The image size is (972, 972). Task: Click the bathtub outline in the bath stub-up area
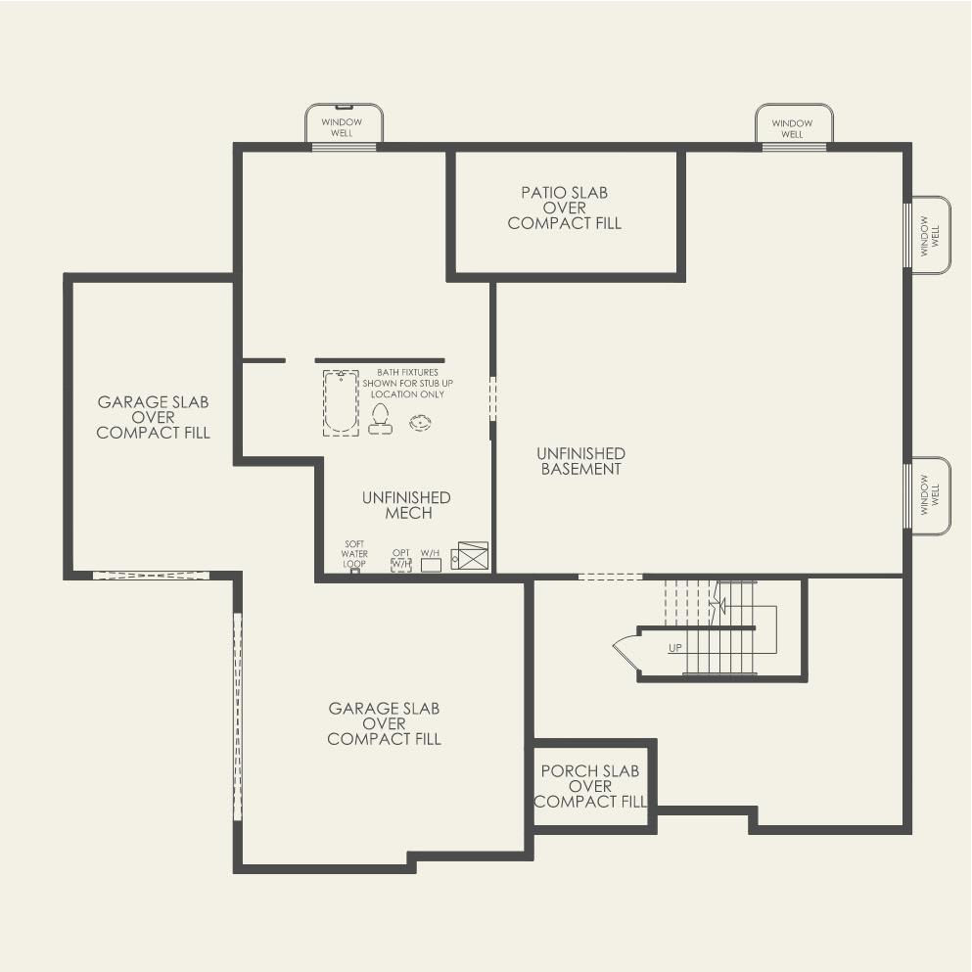coord(341,402)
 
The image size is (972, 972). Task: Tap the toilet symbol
coord(380,419)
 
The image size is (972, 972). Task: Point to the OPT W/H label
coord(401,559)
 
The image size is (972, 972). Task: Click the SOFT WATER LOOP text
coord(354,553)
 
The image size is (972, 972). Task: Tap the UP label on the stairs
coord(675,648)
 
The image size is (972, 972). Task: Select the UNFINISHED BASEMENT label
coord(580,461)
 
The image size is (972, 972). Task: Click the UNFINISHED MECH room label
coord(406,505)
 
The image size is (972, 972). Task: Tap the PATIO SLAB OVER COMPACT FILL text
coord(565,208)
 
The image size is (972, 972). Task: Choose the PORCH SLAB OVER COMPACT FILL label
coord(590,786)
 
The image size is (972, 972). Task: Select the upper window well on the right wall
coord(929,234)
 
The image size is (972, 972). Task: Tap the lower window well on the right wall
coord(929,496)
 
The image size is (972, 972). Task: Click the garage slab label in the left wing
coord(153,417)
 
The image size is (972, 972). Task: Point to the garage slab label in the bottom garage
coord(384,723)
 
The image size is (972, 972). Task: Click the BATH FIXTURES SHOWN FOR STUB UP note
coord(408,384)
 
